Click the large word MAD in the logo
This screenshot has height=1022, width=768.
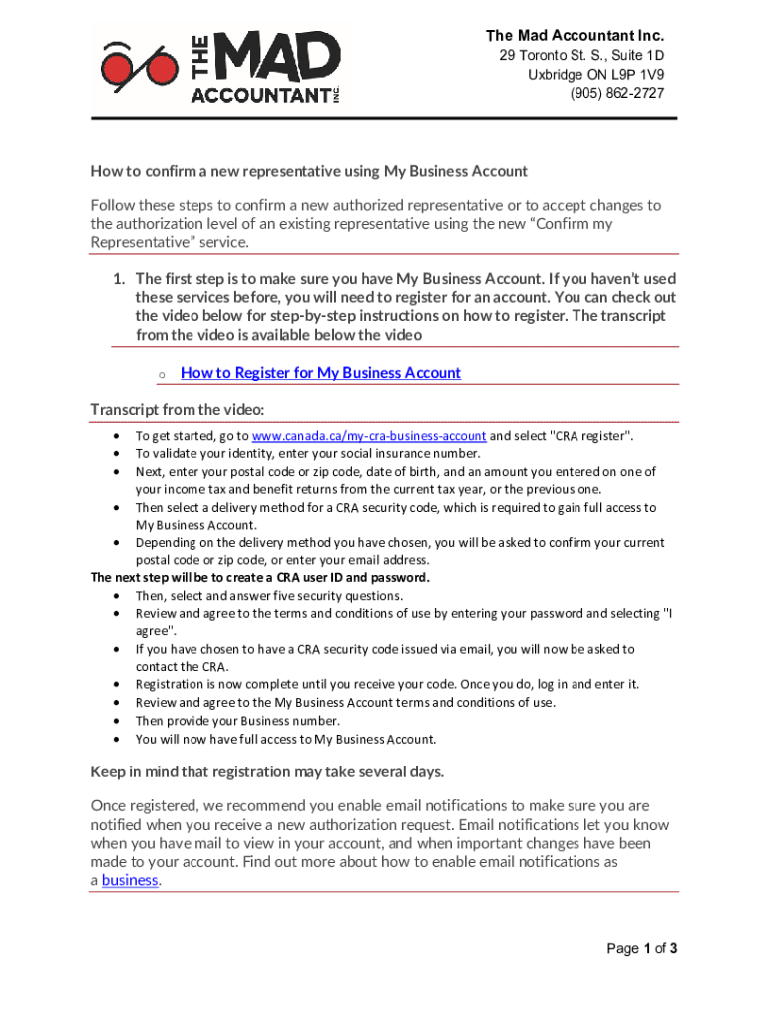click(278, 58)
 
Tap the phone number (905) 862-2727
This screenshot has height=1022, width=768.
click(617, 93)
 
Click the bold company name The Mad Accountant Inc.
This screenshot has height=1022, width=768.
click(575, 36)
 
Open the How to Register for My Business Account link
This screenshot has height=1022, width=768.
click(320, 373)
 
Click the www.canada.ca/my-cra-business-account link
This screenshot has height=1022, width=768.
click(369, 436)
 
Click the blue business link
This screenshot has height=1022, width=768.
click(130, 880)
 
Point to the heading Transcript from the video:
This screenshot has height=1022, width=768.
click(177, 410)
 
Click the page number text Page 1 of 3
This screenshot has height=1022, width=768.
click(642, 948)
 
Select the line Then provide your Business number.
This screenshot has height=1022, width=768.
click(237, 721)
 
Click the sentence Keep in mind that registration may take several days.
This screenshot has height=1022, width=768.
click(267, 771)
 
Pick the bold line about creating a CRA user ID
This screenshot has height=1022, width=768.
click(259, 577)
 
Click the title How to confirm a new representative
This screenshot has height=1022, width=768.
click(308, 171)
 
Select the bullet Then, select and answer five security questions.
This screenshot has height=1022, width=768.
click(269, 595)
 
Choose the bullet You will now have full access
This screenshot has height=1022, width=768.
click(285, 739)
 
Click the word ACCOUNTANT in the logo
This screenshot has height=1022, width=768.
click(259, 95)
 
